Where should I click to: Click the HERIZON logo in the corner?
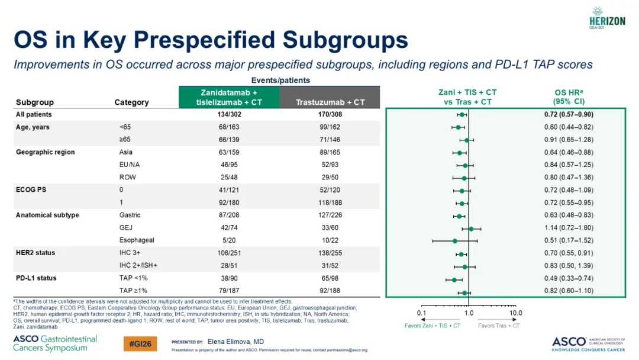[x=607, y=18]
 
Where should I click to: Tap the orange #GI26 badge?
[x=140, y=343]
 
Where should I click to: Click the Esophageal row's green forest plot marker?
[x=455, y=241]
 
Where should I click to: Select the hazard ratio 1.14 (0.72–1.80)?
[x=569, y=227]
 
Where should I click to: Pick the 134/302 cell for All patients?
[x=229, y=114]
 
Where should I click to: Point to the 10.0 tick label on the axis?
[x=515, y=313]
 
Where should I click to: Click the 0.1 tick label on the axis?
[x=421, y=313]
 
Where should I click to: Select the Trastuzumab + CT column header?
[x=330, y=102]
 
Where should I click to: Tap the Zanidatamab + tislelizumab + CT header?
[x=229, y=98]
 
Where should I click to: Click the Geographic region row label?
[x=45, y=152]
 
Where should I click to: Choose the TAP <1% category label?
[x=133, y=278]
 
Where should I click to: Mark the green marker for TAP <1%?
[x=454, y=279]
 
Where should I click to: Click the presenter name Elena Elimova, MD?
[x=235, y=342]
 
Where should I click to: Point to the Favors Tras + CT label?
[x=499, y=326]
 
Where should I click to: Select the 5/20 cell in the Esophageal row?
[x=229, y=240]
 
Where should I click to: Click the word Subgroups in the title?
[x=345, y=40]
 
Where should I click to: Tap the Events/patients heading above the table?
[x=280, y=81]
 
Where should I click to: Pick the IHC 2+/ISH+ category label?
[x=138, y=265]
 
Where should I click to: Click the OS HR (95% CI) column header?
[x=569, y=97]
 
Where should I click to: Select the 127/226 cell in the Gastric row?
[x=330, y=215]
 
